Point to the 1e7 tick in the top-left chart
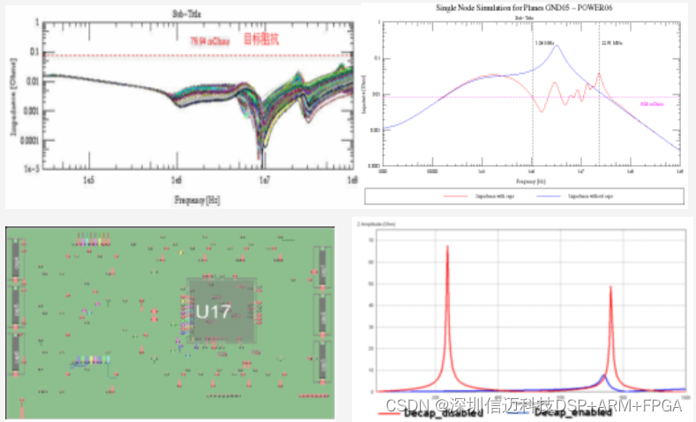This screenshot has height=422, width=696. (x=263, y=179)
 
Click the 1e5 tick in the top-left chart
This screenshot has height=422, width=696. (x=89, y=179)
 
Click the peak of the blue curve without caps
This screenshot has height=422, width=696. (x=556, y=46)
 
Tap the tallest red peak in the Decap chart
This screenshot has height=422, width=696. (x=447, y=248)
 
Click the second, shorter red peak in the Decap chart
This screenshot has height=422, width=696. (x=610, y=287)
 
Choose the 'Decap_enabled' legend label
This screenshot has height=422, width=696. (x=573, y=412)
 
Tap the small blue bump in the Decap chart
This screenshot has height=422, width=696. (x=603, y=377)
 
